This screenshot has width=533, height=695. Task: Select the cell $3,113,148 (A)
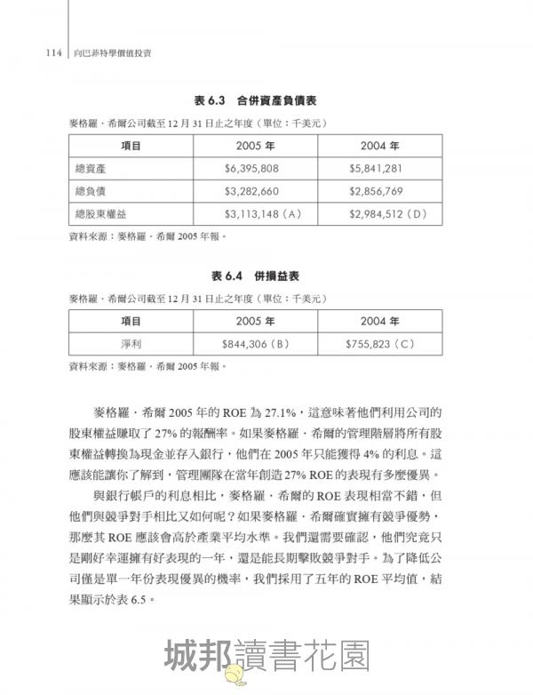coord(259,214)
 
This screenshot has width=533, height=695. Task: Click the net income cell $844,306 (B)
coord(257,343)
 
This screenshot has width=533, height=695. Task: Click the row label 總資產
coord(92,168)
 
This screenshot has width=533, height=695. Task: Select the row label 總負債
coord(92,191)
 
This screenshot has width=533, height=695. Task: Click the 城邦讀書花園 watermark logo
coord(266,657)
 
